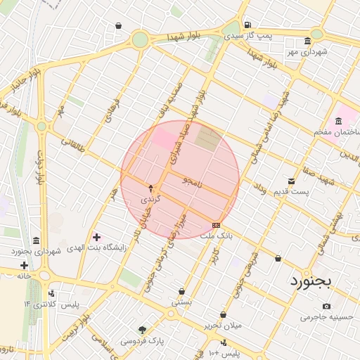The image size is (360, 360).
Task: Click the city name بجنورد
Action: pos(315,283)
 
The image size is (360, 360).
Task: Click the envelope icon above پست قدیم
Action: pos(291,180)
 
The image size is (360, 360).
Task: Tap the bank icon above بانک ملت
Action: pos(216,224)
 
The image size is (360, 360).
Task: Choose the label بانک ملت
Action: pos(217,236)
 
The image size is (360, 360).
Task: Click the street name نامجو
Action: pos(191,182)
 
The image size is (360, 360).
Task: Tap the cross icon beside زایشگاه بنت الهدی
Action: pos(96,237)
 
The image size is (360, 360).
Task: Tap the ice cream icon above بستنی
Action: pos(182,291)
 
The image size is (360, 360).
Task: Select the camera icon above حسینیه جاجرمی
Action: pos(326,307)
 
